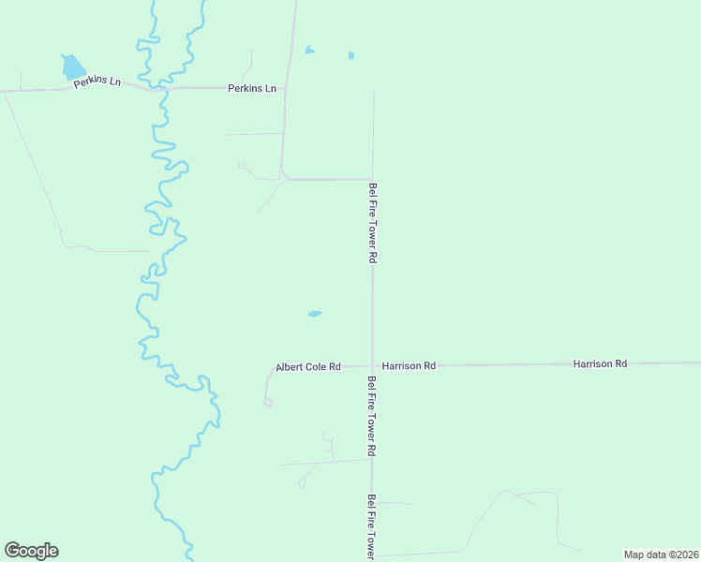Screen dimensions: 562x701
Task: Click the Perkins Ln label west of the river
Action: click(98, 81)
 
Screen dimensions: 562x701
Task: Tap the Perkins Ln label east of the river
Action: click(252, 88)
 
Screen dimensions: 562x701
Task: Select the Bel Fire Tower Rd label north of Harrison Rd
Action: click(372, 222)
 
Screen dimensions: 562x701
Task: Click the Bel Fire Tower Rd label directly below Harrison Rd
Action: click(372, 416)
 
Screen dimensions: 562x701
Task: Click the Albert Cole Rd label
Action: click(307, 367)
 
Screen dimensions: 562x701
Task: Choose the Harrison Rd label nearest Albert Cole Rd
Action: click(410, 365)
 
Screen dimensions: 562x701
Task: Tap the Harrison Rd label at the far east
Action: click(600, 362)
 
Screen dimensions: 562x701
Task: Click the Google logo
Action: click(31, 551)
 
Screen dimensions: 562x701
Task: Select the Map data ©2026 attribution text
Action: click(661, 555)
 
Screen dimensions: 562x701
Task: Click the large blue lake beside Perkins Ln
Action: click(72, 66)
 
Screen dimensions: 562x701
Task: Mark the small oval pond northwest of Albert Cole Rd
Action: click(315, 314)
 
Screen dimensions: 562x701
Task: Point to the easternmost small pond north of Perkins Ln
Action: click(351, 55)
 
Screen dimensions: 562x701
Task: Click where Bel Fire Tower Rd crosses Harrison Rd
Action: click(372, 365)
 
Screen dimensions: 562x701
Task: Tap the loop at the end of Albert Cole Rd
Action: click(267, 403)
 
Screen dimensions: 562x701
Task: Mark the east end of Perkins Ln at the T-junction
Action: click(285, 88)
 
